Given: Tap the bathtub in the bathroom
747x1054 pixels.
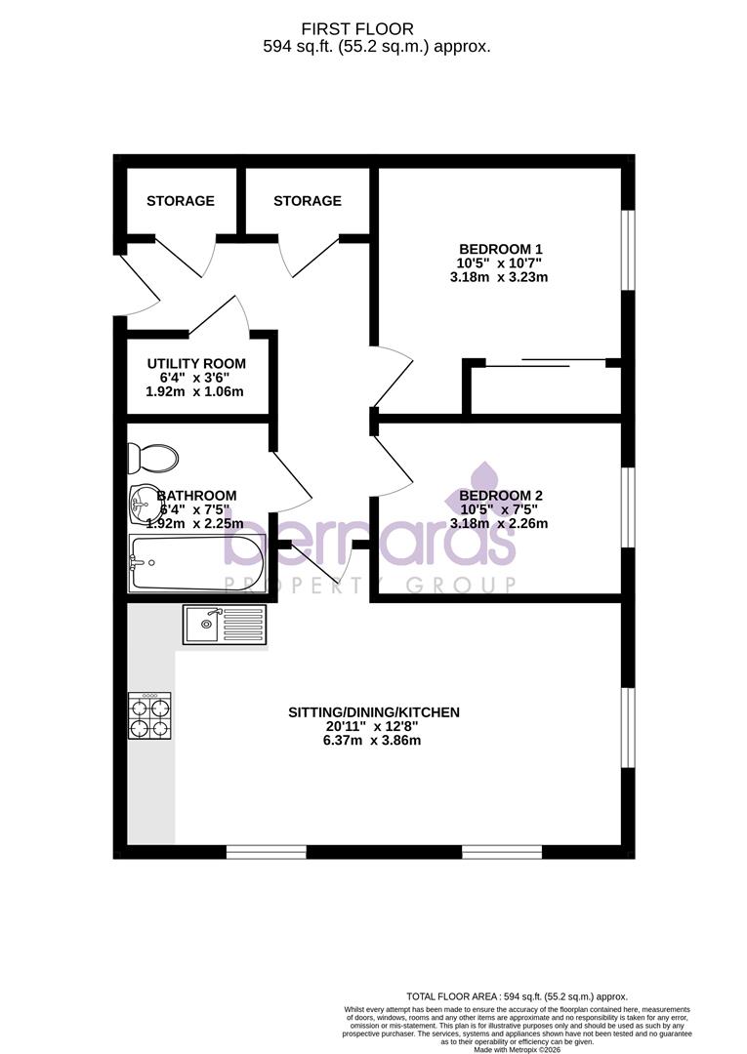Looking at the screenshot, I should click(x=196, y=561).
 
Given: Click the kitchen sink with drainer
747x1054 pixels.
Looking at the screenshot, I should click(x=224, y=624).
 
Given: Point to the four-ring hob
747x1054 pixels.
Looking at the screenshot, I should click(x=149, y=714).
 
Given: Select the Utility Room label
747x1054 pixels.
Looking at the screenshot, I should click(x=196, y=363).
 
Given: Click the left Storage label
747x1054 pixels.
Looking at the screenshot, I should click(x=181, y=201).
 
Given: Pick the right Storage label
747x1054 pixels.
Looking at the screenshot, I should click(x=308, y=201).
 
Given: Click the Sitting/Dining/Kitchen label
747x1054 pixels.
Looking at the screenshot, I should click(x=373, y=712).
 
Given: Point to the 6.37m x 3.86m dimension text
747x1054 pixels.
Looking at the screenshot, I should click(x=373, y=741).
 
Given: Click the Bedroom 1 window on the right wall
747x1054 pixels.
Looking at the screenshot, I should click(x=629, y=250).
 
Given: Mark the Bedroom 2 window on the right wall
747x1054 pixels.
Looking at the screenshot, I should click(x=629, y=507).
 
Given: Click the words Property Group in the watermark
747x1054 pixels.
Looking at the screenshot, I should click(x=370, y=585).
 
